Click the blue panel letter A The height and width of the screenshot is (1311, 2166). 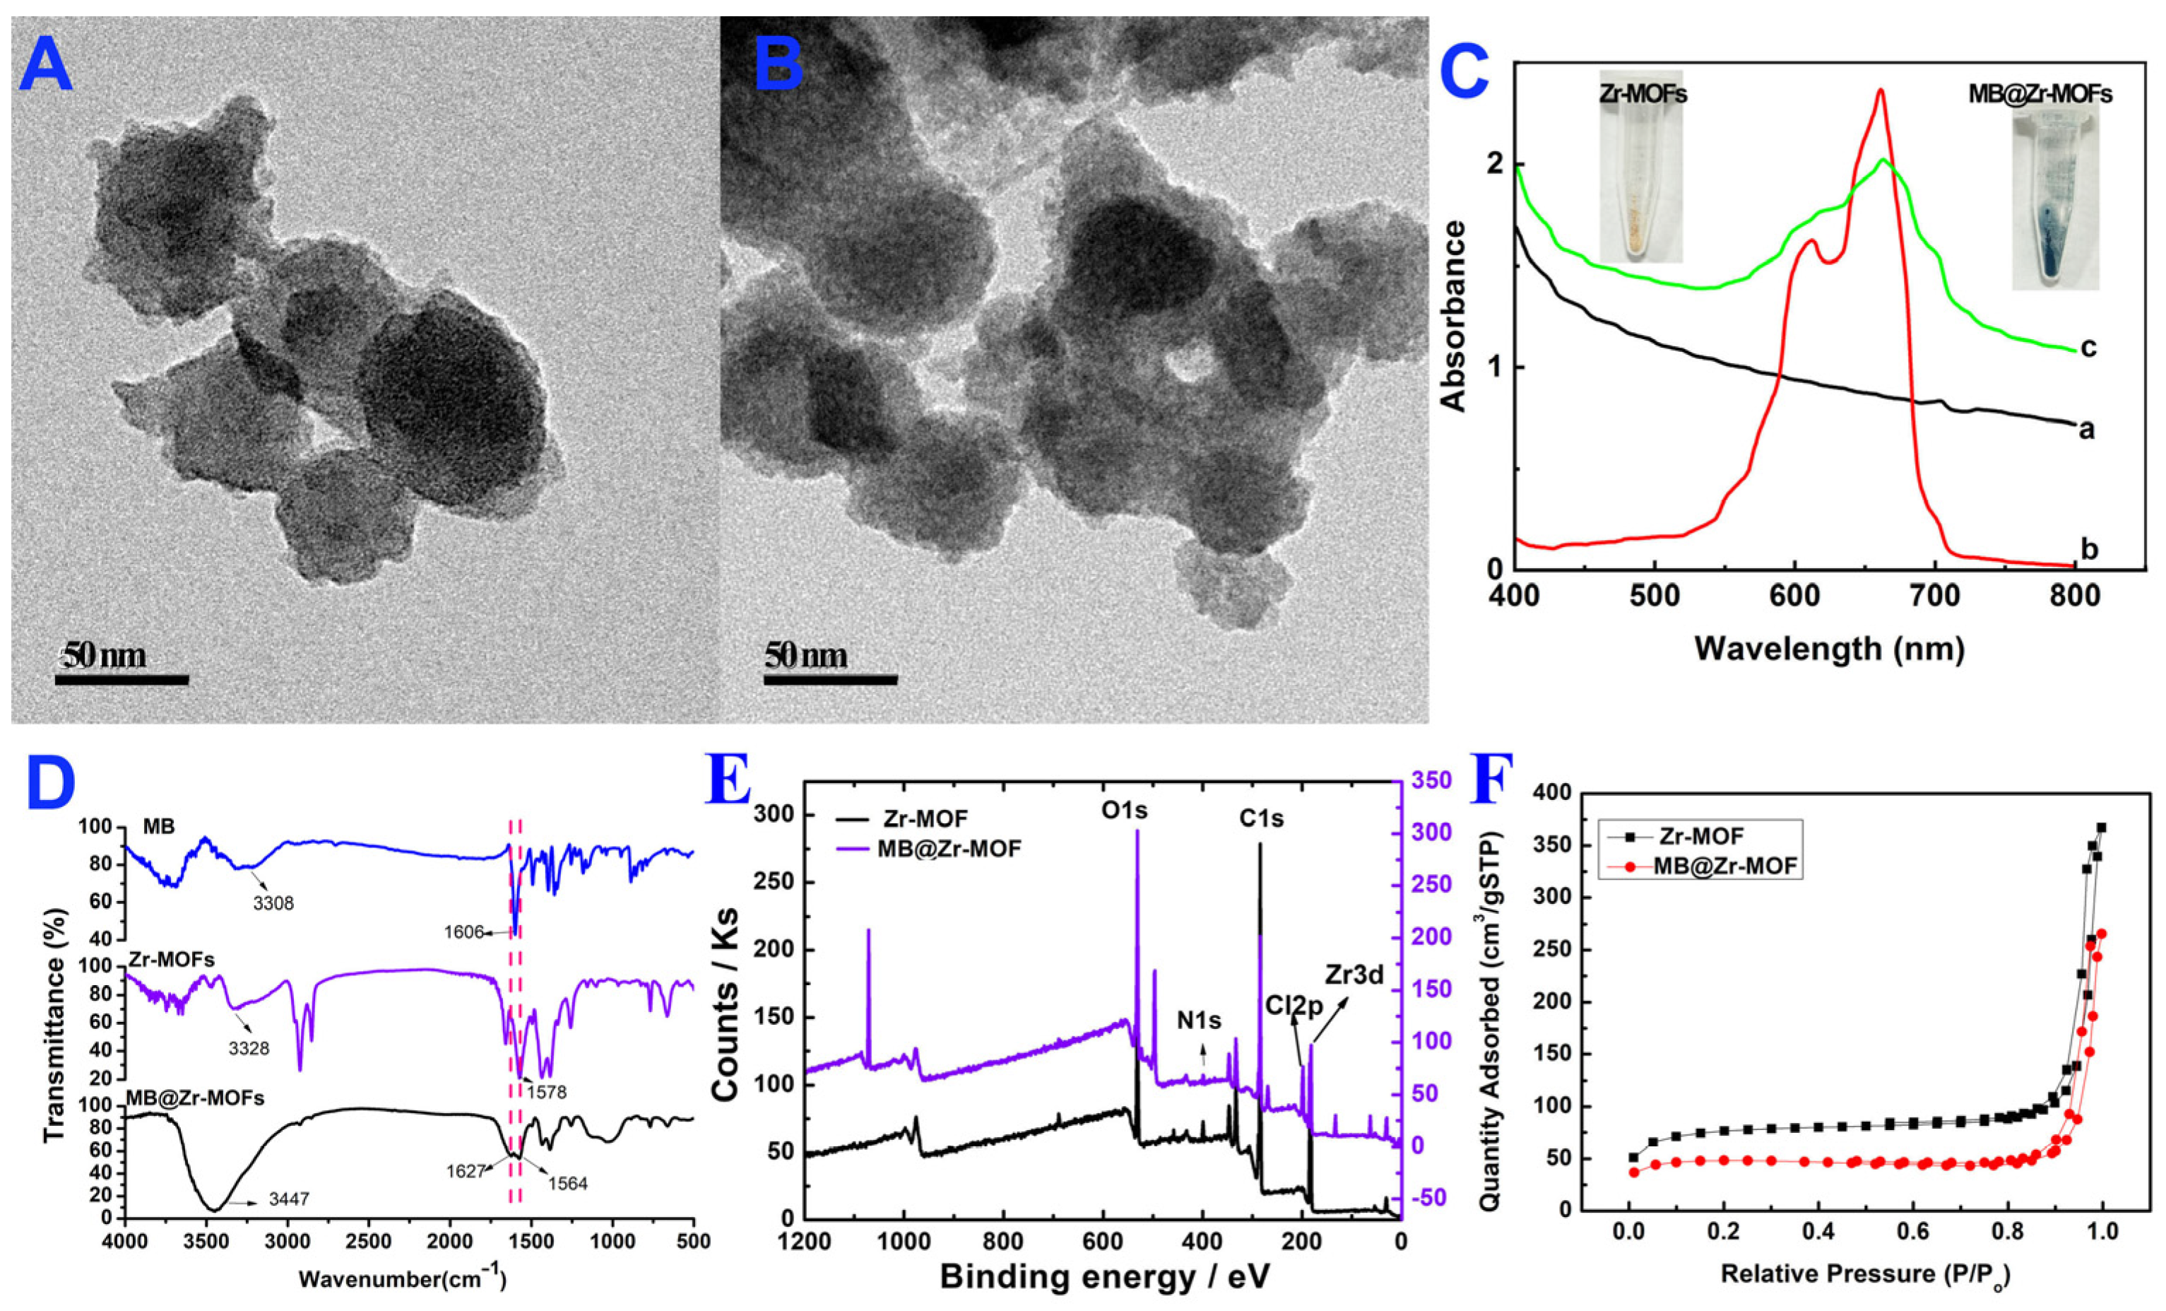(46, 68)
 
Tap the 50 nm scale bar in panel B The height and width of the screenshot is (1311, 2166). (830, 678)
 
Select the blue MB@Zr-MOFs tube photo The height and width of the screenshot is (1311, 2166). (2055, 202)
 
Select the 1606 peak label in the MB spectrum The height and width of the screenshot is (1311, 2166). (465, 932)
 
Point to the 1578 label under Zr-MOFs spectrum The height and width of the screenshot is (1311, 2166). (546, 1093)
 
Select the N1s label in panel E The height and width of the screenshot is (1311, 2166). (1200, 1020)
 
